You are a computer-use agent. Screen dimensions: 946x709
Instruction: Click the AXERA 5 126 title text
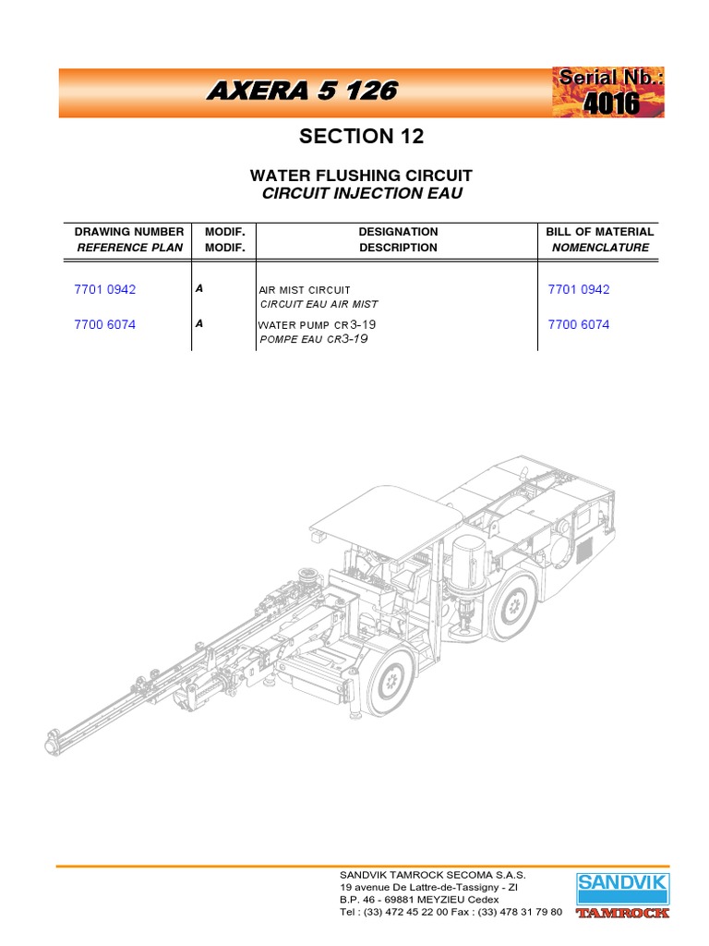click(x=303, y=91)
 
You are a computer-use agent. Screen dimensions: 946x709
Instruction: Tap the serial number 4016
click(x=610, y=103)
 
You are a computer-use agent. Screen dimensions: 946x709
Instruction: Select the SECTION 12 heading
click(x=361, y=137)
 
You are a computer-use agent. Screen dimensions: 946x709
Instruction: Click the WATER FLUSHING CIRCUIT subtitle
click(x=361, y=176)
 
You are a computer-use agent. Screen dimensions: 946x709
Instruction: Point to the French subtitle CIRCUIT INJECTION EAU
click(x=361, y=193)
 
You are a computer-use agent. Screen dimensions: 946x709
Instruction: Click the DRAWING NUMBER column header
click(x=129, y=232)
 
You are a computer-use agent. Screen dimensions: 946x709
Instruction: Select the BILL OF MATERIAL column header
click(x=599, y=232)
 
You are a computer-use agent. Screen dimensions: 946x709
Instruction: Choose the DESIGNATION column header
click(x=398, y=232)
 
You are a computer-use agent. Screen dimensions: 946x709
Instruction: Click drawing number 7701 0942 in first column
click(x=104, y=289)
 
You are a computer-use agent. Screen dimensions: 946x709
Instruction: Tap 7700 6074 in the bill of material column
click(x=579, y=325)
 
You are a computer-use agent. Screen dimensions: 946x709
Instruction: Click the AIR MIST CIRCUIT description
click(x=305, y=290)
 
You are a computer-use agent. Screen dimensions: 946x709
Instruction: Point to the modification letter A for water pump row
click(x=199, y=324)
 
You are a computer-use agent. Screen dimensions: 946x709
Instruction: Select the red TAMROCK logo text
click(x=622, y=915)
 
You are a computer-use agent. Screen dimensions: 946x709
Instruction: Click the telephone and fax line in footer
click(x=451, y=912)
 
